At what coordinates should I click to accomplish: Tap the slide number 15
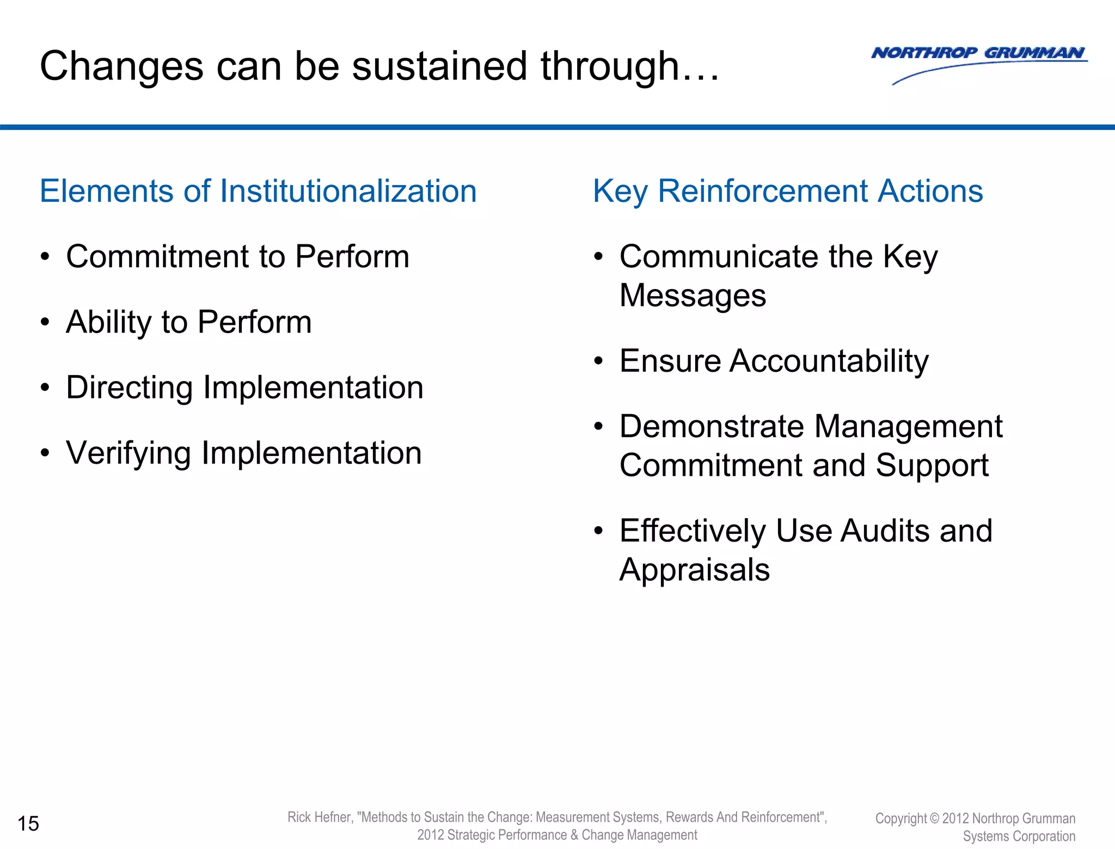tap(28, 823)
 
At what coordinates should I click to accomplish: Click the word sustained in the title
tap(439, 66)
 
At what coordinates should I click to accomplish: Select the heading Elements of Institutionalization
tap(258, 192)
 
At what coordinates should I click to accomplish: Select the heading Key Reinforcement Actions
tap(787, 192)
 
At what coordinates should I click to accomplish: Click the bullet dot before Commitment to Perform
tap(45, 256)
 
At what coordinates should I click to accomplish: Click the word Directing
tap(129, 388)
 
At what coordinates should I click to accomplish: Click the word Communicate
tap(719, 256)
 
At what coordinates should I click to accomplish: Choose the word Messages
tap(693, 296)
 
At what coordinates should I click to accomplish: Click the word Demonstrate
tap(712, 426)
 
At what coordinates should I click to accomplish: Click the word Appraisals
tap(694, 570)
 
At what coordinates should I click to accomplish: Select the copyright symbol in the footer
tap(934, 819)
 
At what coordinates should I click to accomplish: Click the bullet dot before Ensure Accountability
tap(598, 361)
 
